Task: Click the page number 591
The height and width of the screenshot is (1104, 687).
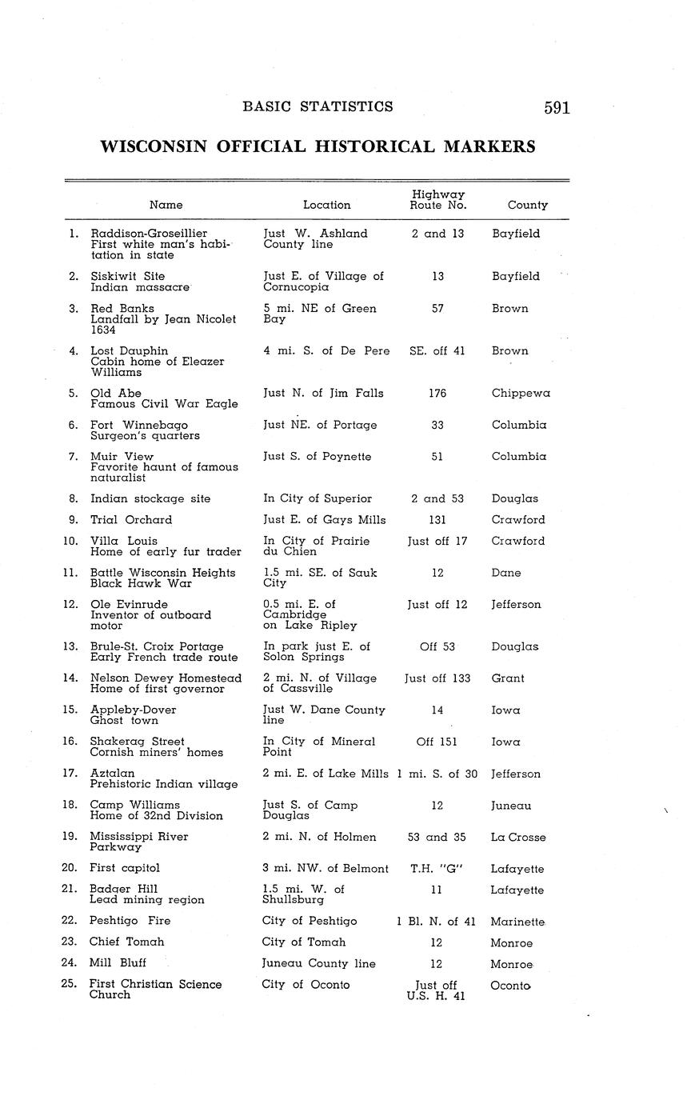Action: coord(557,108)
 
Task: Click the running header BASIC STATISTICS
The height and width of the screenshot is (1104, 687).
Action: coord(318,106)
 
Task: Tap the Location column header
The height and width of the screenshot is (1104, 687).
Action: coord(326,205)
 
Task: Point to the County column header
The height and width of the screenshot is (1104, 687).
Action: coord(527,205)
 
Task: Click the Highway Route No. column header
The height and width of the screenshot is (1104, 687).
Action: coord(437,199)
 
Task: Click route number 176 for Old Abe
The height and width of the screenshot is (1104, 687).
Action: coord(437,394)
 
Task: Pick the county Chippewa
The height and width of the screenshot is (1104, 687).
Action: coord(521,394)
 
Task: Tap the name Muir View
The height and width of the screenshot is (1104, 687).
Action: coord(122,457)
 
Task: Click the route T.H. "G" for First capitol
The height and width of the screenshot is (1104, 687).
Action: coord(437,869)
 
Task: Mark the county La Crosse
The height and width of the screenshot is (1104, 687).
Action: coord(518,838)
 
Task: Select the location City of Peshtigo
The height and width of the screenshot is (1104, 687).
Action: coord(310,921)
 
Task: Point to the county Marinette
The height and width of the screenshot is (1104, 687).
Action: coord(517,922)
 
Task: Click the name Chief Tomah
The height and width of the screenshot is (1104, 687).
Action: coord(126,942)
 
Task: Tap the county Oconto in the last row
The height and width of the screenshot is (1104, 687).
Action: coord(511,986)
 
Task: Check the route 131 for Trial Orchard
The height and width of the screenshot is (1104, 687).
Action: coord(437,520)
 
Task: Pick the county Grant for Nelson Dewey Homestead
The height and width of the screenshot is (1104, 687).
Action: coord(508,678)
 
